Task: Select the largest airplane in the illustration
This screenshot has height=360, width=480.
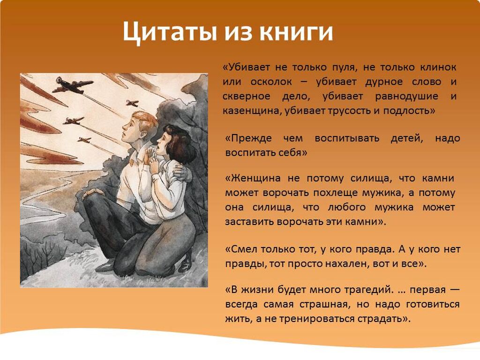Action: click(73, 85)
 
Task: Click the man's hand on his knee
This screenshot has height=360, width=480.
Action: click(92, 193)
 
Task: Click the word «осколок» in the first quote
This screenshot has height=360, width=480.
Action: click(271, 82)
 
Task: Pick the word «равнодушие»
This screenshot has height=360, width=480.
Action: click(406, 97)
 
